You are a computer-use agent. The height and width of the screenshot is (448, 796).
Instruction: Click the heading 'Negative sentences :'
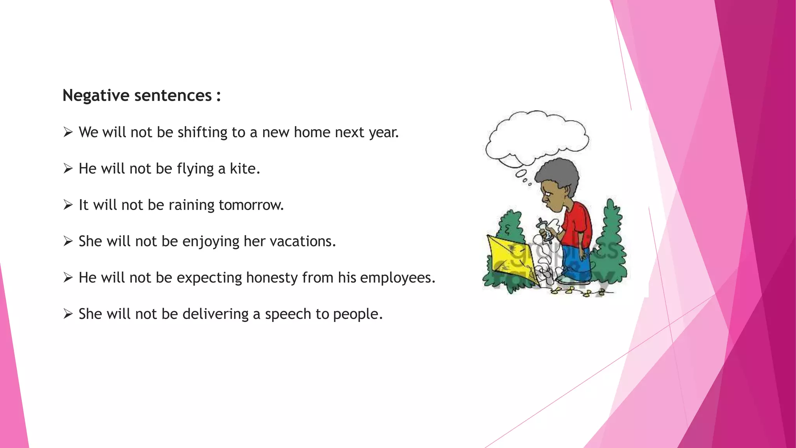point(141,96)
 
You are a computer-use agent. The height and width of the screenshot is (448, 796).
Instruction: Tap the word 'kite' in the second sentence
point(243,169)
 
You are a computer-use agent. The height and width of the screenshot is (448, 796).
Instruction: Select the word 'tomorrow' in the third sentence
point(250,205)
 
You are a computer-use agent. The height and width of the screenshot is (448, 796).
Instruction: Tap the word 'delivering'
point(215,314)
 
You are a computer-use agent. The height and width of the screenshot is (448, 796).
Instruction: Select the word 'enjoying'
point(211,241)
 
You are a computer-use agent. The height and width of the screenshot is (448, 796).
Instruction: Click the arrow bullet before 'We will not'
point(68,133)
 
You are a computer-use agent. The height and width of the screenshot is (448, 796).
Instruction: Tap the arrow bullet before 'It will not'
point(68,205)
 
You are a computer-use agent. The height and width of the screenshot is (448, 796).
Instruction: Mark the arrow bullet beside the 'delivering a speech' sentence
point(68,314)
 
